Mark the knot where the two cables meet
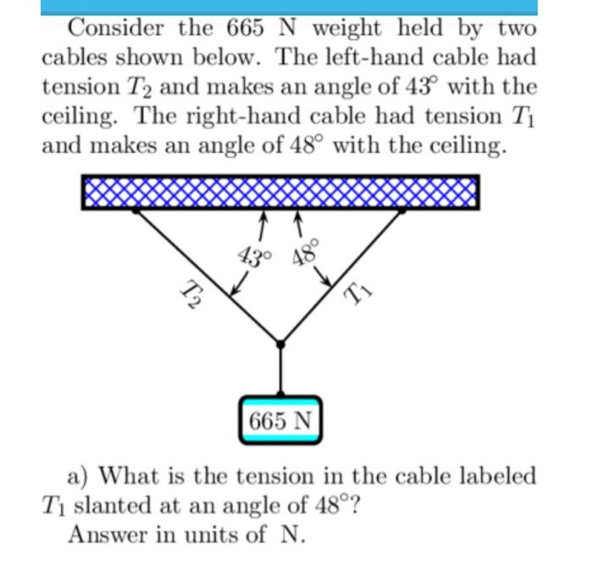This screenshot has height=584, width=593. point(280,344)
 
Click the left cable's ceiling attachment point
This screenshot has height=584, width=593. point(136,212)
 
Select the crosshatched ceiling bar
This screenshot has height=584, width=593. point(280,192)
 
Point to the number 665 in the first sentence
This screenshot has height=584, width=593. point(247,28)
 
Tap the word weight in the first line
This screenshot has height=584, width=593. point(345,28)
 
